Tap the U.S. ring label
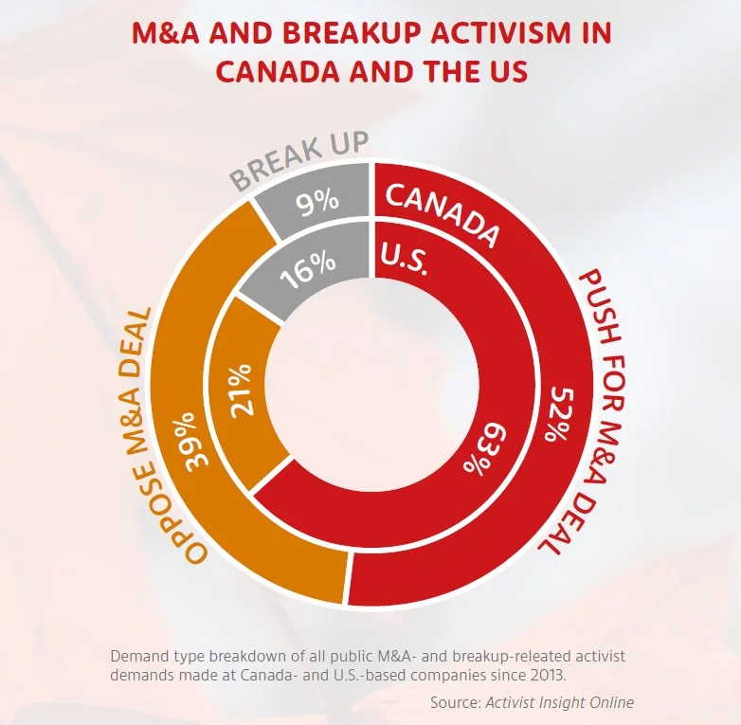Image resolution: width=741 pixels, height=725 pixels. tap(406, 258)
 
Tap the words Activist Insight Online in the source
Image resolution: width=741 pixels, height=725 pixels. tap(559, 702)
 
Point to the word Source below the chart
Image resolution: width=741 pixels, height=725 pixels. tap(455, 702)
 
